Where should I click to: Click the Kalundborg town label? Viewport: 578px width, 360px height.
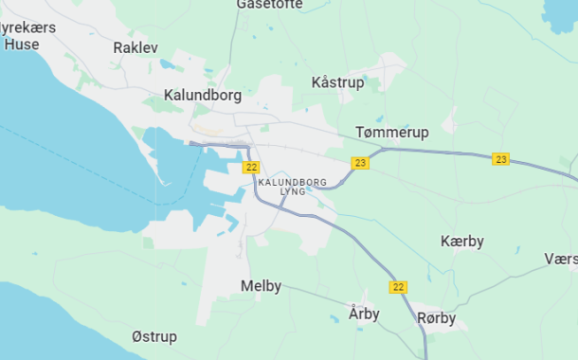tap(203, 96)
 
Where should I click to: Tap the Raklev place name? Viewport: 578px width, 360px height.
tap(135, 47)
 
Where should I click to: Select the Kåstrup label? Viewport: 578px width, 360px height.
tap(337, 83)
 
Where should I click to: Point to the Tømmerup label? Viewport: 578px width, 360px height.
tap(391, 132)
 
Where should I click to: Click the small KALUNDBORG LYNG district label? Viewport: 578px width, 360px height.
tap(293, 186)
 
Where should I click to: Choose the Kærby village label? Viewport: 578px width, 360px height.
tap(462, 242)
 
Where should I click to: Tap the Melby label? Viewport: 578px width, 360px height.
tap(261, 286)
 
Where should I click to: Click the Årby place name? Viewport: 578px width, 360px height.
tap(364, 314)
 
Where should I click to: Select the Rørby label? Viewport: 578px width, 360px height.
tap(437, 318)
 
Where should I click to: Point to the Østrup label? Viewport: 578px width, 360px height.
tap(154, 337)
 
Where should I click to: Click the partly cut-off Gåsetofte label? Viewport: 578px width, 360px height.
tap(270, 5)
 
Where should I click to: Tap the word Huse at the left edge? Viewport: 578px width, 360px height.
tap(21, 44)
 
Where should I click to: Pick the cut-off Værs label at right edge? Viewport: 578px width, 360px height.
tap(561, 259)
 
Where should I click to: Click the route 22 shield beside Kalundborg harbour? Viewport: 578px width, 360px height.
tap(251, 167)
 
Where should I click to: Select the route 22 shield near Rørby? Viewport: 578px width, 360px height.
tap(398, 286)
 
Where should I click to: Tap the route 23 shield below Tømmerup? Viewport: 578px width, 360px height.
tap(360, 163)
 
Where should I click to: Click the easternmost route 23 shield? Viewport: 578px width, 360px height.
tap(501, 159)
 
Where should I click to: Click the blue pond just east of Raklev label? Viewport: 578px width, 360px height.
tap(168, 64)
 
